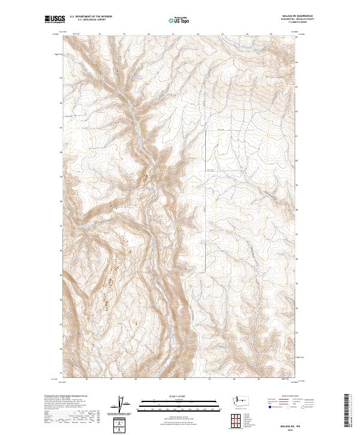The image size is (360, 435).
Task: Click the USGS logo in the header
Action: pyautogui.click(x=56, y=20)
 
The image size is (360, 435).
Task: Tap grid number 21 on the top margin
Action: pyautogui.click(x=173, y=34)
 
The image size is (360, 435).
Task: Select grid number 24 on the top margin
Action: pyautogui.click(x=247, y=34)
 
